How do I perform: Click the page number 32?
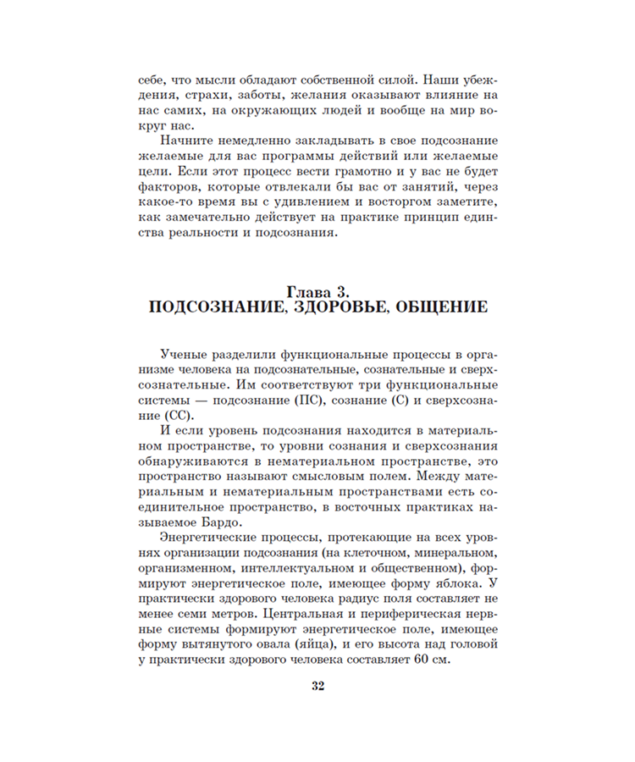pos(317,686)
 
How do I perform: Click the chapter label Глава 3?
pos(317,290)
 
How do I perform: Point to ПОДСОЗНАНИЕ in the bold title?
pos(215,306)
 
